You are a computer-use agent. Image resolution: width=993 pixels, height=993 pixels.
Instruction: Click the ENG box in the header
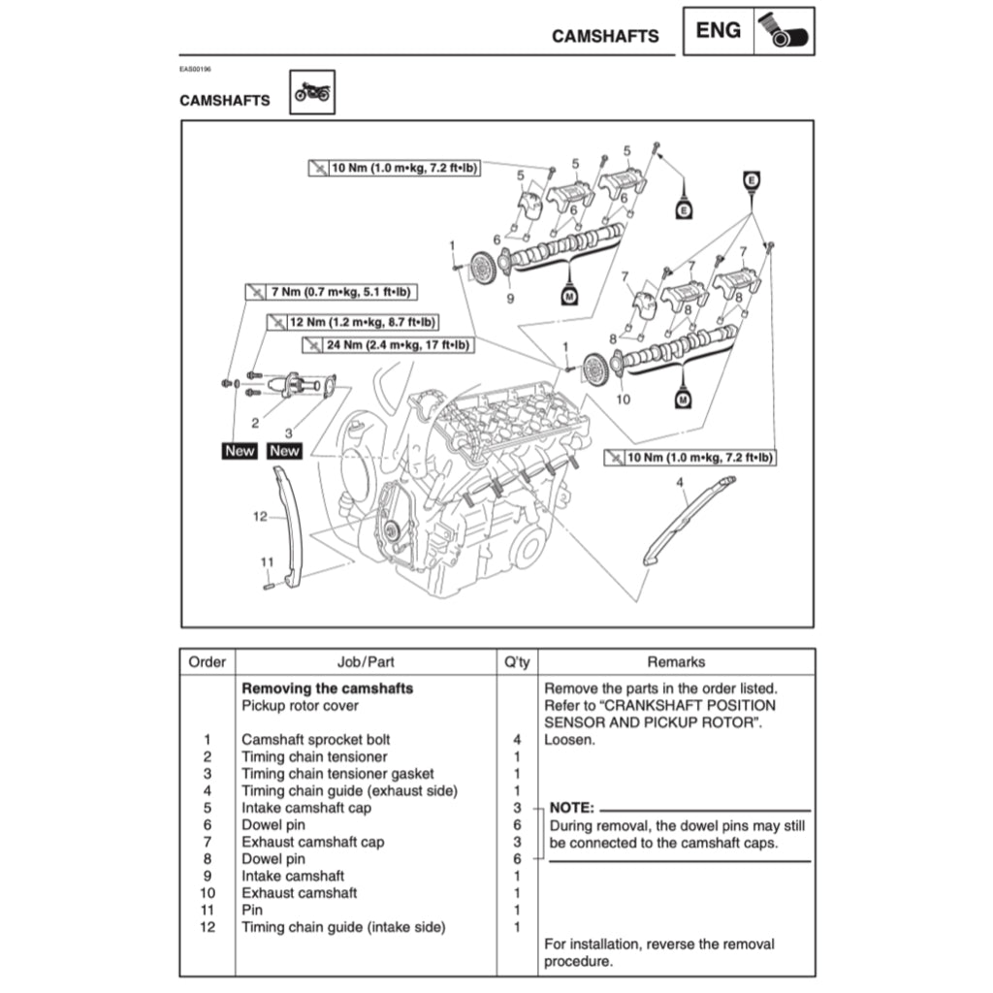tap(719, 31)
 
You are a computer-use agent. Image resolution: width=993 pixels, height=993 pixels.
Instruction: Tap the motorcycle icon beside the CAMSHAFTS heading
tap(312, 92)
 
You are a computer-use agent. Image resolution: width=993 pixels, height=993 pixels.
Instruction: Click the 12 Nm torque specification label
tap(351, 322)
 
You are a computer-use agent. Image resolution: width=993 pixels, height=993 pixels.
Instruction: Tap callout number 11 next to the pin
tap(268, 561)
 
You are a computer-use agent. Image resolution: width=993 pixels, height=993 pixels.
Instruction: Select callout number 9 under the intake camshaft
tap(510, 299)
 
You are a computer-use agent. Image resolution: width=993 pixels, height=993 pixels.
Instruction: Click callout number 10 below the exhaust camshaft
tap(624, 398)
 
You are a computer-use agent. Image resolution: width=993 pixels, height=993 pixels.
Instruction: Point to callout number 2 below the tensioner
tap(255, 422)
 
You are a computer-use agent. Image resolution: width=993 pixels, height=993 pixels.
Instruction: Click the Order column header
tap(207, 662)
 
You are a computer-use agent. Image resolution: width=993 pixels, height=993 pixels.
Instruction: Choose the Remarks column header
tap(676, 662)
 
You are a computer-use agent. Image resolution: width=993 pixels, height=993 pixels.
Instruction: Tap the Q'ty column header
tap(517, 662)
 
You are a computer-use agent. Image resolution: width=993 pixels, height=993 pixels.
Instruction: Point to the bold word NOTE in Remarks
tap(573, 807)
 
